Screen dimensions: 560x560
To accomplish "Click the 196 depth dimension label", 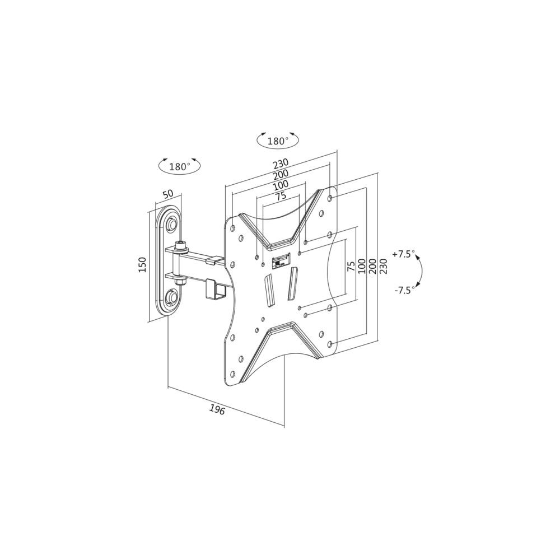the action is (x=217, y=410).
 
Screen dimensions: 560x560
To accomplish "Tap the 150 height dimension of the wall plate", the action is (x=142, y=265).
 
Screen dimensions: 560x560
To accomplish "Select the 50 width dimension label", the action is (x=168, y=194).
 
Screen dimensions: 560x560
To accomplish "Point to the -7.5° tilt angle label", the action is (x=405, y=290).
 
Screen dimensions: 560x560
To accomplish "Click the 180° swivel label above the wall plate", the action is (x=180, y=166).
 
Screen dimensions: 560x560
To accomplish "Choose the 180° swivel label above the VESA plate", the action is (x=278, y=141).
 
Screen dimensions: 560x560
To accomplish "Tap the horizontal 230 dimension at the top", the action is (x=281, y=164).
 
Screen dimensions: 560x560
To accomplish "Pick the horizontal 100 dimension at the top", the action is (x=281, y=186).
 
